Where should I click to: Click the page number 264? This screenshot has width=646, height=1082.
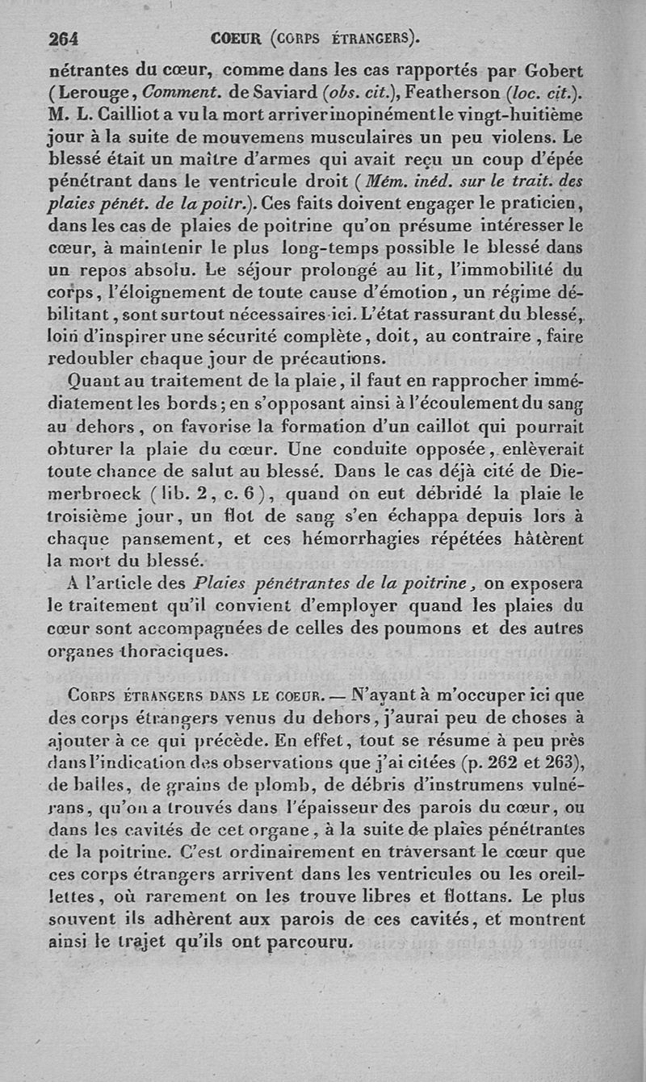(63, 38)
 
